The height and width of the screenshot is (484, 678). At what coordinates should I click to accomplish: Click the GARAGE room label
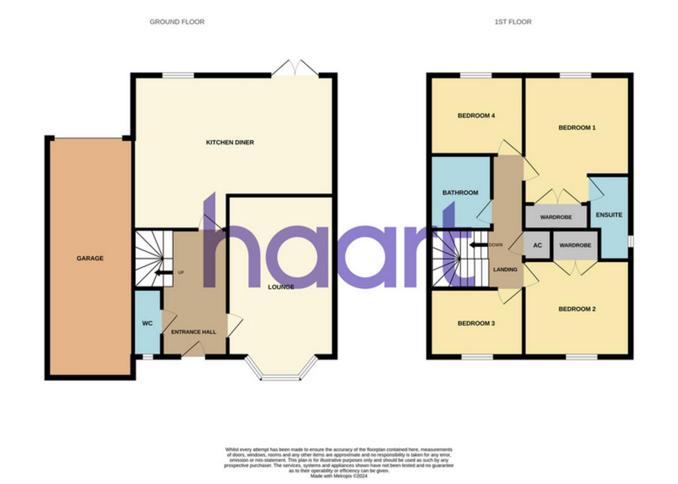point(90,258)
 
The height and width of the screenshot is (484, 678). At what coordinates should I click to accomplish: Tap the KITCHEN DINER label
point(229,142)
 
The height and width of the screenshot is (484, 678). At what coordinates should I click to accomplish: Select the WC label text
point(147,324)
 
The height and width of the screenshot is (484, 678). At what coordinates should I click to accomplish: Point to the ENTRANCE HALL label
point(194,332)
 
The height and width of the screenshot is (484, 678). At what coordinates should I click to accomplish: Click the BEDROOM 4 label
point(476,116)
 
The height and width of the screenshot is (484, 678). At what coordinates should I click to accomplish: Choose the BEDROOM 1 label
point(577,128)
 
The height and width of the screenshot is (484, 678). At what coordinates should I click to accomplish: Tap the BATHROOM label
point(460,193)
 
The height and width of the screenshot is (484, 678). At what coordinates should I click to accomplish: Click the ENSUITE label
point(609,215)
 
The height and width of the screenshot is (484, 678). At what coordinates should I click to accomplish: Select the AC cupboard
point(537,246)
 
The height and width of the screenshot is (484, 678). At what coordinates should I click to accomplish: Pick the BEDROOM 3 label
point(476,324)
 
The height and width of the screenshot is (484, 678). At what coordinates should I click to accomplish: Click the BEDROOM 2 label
point(577,309)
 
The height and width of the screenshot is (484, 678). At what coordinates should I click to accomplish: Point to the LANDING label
point(505,269)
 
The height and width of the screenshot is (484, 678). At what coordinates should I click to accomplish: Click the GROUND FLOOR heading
point(177,22)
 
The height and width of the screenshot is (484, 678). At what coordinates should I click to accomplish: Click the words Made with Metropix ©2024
point(338,475)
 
